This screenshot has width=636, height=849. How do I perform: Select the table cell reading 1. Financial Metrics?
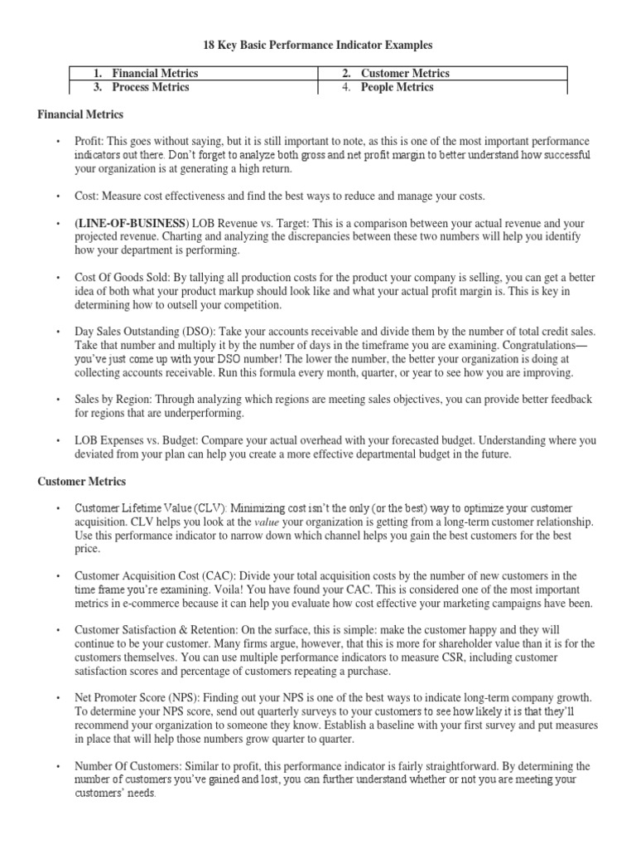click(155, 74)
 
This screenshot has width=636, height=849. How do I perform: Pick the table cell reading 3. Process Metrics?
click(151, 87)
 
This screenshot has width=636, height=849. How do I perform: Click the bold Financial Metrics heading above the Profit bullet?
click(80, 115)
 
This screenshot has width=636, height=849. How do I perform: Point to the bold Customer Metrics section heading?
click(82, 481)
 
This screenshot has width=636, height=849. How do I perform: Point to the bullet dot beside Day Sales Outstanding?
click(58, 331)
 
